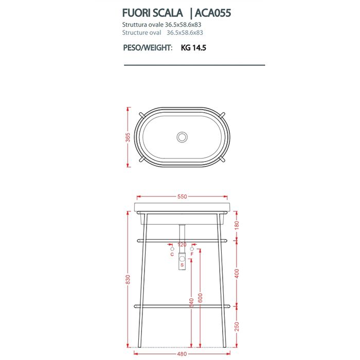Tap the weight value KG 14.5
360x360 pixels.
[x=194, y=48]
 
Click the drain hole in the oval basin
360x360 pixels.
[x=182, y=137]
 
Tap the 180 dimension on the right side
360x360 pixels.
[x=237, y=225]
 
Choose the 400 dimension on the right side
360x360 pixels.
[x=237, y=273]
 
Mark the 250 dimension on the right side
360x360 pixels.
[x=237, y=327]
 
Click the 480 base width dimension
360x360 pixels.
[x=182, y=353]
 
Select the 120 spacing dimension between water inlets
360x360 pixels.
[x=182, y=245]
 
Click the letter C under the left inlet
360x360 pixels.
[x=171, y=254]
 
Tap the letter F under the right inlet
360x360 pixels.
[x=192, y=254]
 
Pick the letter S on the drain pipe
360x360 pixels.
[x=182, y=265]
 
